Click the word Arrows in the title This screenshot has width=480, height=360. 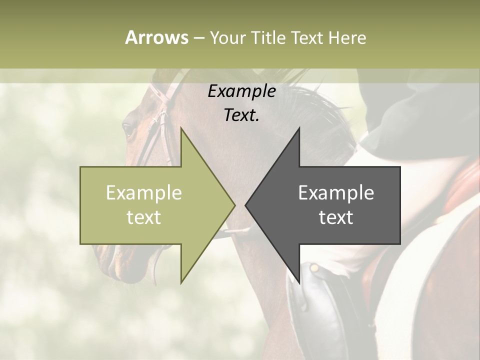[156, 37]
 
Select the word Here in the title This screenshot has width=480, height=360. [347, 37]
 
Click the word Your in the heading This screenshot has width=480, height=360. [228, 37]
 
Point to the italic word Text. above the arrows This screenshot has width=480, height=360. [241, 115]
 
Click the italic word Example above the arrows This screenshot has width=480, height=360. [241, 91]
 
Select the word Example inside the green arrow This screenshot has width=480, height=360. [144, 193]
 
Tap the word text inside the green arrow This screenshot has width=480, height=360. [144, 217]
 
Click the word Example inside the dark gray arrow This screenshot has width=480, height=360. [336, 193]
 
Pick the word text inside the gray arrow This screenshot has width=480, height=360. [336, 217]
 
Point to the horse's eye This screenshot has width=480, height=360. [128, 130]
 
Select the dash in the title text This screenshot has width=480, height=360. [198, 38]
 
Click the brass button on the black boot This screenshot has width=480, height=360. [314, 268]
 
